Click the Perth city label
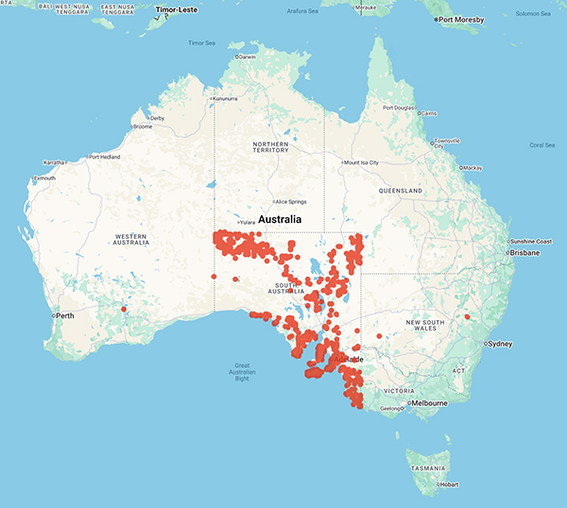pyautogui.click(x=64, y=314)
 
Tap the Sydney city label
pyautogui.click(x=502, y=344)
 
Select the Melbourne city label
pyautogui.click(x=428, y=403)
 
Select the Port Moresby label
pyautogui.click(x=462, y=19)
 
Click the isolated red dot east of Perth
pyautogui.click(x=124, y=308)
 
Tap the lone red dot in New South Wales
pyautogui.click(x=467, y=316)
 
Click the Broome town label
pyautogui.click(x=144, y=127)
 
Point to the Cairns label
pyautogui.click(x=428, y=113)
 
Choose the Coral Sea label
pyautogui.click(x=542, y=144)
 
